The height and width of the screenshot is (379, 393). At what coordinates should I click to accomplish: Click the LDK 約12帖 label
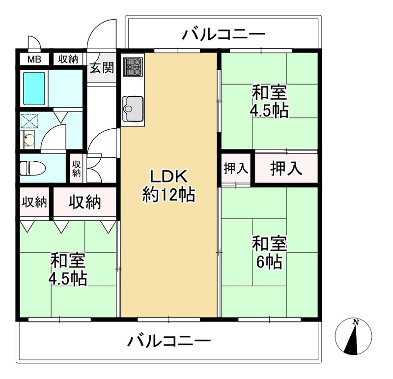(x=168, y=185)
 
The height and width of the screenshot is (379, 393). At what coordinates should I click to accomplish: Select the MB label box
(x=34, y=60)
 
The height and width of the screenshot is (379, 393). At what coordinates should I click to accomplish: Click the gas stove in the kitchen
(x=133, y=67)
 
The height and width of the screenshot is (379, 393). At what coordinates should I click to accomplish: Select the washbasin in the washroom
(x=28, y=140)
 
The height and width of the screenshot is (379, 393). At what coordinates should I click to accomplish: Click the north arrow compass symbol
(x=353, y=336)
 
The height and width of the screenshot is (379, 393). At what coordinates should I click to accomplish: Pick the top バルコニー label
(x=224, y=35)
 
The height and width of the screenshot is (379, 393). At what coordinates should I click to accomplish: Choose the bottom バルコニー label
(x=169, y=341)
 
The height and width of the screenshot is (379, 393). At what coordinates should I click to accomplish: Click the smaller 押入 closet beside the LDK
(x=236, y=169)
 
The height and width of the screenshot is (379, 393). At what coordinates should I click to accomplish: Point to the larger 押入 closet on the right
(x=285, y=169)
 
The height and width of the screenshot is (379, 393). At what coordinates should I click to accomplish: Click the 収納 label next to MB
(x=68, y=60)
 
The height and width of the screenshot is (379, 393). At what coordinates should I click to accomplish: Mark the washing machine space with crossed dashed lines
(x=29, y=121)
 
